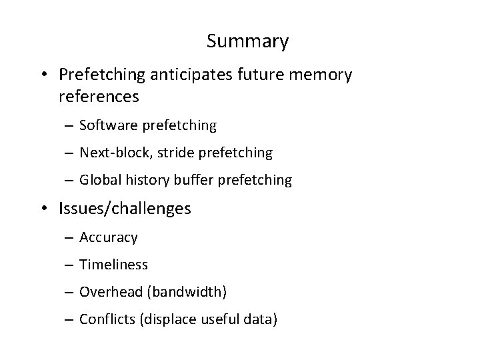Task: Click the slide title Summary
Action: click(247, 41)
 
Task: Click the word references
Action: click(99, 97)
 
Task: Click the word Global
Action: click(99, 180)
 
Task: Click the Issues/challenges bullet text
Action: click(125, 209)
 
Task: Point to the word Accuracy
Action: click(109, 237)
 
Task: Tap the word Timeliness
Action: click(113, 264)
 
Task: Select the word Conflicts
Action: click(107, 319)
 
